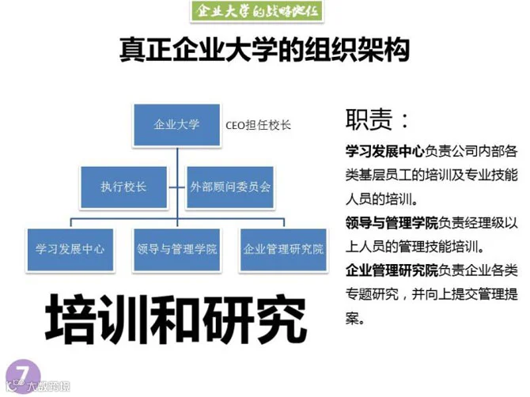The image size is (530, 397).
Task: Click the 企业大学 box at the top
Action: coord(176,123)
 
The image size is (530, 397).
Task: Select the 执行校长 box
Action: coord(123,187)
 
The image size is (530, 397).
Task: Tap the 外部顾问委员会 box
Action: coord(230,187)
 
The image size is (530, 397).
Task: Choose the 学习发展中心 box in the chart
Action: coord(70,248)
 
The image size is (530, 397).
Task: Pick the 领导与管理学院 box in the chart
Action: coord(176,248)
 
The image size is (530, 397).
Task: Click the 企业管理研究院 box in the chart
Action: coord(283,248)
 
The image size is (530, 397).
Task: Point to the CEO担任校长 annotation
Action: coord(259,125)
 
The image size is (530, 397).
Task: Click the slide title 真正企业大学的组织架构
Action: coord(264,51)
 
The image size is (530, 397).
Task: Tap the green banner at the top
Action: coord(264,13)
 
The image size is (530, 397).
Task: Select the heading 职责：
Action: coord(377,119)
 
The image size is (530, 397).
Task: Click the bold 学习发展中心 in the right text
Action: coord(384,150)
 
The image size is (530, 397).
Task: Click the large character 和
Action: coord(177,320)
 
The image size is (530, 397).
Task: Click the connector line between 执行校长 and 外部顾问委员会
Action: coord(176,187)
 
